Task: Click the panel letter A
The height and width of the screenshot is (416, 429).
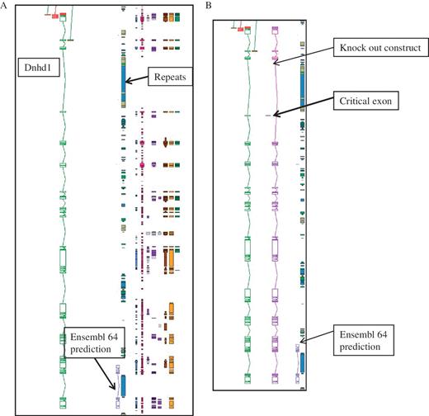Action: pos(5,6)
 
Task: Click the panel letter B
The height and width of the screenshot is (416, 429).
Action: pos(208,6)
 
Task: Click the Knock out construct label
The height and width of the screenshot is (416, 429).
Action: pos(378,49)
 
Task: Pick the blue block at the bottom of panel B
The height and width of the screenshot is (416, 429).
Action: pos(301,367)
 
